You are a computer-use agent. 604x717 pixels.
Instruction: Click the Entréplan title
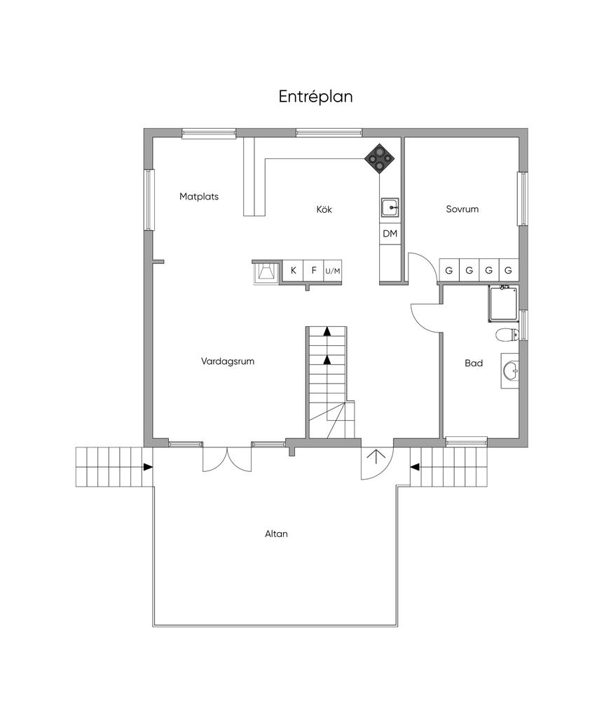point(315,97)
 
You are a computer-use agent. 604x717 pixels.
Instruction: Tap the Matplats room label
point(199,197)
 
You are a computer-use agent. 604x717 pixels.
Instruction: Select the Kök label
point(324,209)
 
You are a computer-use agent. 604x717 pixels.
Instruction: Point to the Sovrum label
point(462,209)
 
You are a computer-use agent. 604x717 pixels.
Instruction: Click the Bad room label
point(474,363)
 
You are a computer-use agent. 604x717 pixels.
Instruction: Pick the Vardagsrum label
point(228,361)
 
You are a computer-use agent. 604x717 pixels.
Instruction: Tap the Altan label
point(276,534)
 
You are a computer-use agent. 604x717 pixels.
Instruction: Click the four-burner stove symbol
point(379,159)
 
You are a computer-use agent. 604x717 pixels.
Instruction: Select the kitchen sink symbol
point(390,207)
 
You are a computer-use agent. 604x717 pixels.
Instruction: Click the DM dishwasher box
point(390,234)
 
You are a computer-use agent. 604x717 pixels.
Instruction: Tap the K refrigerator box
point(294,270)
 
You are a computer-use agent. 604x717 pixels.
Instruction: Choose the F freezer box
point(314,270)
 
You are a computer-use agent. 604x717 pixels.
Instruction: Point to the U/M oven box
point(333,271)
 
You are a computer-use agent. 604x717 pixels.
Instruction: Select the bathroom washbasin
point(511,371)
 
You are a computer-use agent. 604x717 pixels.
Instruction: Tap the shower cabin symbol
point(503,303)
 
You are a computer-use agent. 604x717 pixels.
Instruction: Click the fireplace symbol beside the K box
point(266,273)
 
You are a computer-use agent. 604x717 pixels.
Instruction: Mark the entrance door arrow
point(377,457)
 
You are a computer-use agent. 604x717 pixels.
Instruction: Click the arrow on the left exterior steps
point(147,467)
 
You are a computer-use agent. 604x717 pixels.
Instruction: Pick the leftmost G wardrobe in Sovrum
point(449,270)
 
